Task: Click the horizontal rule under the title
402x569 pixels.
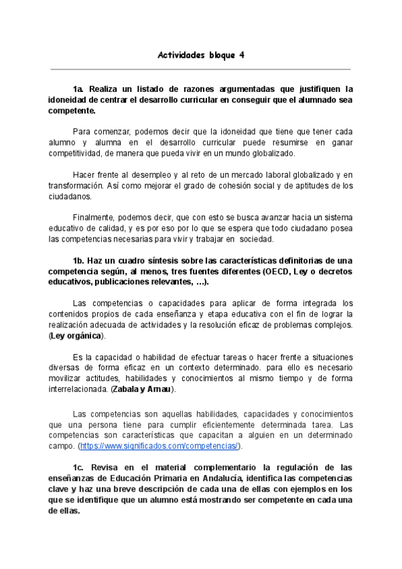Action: click(200, 69)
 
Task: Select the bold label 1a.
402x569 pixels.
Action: click(79, 89)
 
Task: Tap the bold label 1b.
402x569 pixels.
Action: click(79, 260)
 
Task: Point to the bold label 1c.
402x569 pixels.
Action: click(79, 466)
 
